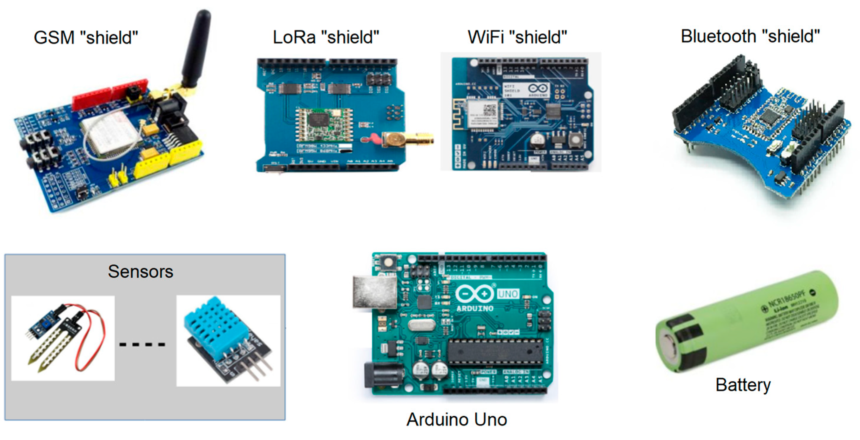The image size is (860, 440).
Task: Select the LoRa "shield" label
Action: click(x=326, y=37)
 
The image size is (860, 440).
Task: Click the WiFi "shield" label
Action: click(x=517, y=37)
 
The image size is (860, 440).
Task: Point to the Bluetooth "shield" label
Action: click(x=750, y=36)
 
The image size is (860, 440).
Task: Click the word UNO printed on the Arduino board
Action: click(x=508, y=294)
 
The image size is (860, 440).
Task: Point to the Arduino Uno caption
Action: click(x=456, y=419)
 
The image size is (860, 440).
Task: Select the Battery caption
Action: click(x=743, y=385)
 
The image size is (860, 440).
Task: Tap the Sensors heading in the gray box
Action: click(x=141, y=271)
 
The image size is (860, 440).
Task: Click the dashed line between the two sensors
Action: click(x=142, y=344)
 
